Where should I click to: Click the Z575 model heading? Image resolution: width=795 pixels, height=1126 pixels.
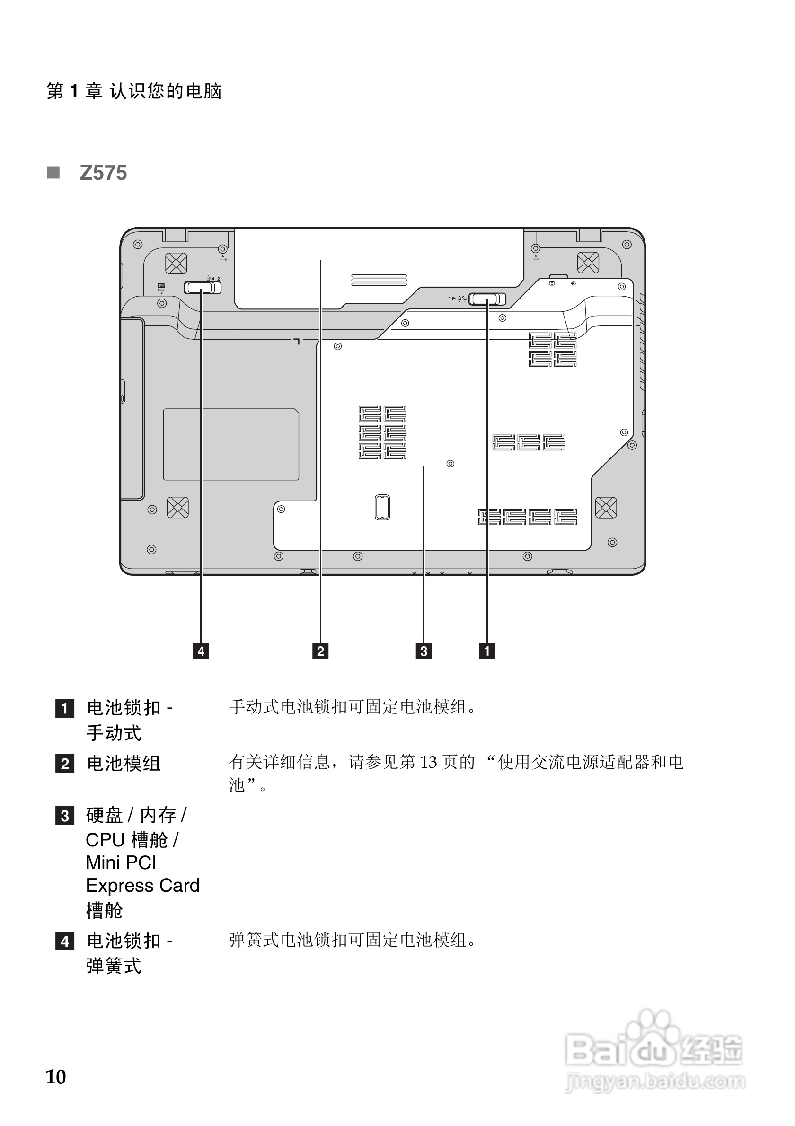tap(103, 173)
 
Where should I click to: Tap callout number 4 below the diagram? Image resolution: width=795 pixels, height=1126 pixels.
tap(201, 651)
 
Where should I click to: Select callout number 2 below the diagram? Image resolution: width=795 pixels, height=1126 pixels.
tap(320, 651)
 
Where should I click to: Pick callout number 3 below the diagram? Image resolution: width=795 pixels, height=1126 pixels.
tap(424, 651)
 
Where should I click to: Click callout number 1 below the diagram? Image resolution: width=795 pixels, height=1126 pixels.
tap(487, 651)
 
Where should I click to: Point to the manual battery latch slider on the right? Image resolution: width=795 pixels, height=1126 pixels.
tap(487, 299)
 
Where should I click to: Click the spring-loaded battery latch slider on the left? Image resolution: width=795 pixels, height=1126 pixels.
tap(202, 287)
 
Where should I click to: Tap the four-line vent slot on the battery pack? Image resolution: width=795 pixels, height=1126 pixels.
tap(379, 280)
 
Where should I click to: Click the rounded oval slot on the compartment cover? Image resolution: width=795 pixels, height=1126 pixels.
tap(382, 507)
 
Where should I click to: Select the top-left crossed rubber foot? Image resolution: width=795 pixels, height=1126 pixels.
tap(176, 264)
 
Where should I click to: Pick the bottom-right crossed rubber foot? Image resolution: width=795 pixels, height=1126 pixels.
tap(606, 508)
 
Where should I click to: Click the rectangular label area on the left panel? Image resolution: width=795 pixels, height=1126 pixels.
tap(231, 444)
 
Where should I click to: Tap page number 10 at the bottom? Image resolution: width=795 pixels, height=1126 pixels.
tap(56, 1076)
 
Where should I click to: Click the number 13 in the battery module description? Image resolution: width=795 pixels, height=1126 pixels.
tap(428, 762)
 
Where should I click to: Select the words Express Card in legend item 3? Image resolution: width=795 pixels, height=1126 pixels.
tap(143, 885)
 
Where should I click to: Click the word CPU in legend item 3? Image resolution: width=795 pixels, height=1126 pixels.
tap(105, 840)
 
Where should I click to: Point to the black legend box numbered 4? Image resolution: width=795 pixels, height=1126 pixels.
tap(65, 941)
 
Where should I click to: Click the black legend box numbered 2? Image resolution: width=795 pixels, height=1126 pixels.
tap(65, 764)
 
